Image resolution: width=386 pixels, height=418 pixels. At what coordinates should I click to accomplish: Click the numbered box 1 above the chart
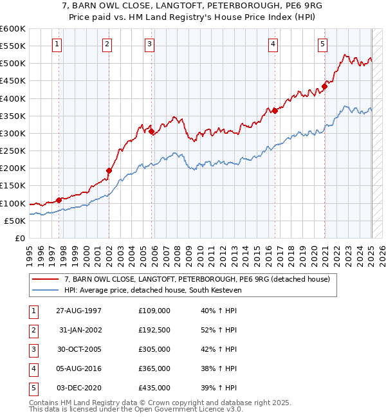tap(57, 44)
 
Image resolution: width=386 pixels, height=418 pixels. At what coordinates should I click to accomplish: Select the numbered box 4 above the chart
tap(273, 44)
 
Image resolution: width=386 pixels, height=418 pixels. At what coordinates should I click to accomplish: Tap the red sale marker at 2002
tap(109, 170)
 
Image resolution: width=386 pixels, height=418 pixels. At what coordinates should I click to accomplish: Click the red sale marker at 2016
tap(275, 111)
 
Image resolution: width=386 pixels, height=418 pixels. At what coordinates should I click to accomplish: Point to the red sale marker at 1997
tap(59, 200)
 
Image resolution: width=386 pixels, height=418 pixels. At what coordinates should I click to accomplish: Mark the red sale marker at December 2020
tap(324, 86)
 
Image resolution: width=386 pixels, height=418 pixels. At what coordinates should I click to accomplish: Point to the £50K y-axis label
tap(15, 221)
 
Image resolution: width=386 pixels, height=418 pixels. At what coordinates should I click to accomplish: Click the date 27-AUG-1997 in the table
tap(78, 311)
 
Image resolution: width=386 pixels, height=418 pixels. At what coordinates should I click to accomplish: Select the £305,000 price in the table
tap(154, 349)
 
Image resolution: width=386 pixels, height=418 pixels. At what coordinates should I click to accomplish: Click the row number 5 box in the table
tap(33, 388)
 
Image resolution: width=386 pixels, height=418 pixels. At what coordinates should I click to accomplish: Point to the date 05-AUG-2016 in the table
tap(78, 368)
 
